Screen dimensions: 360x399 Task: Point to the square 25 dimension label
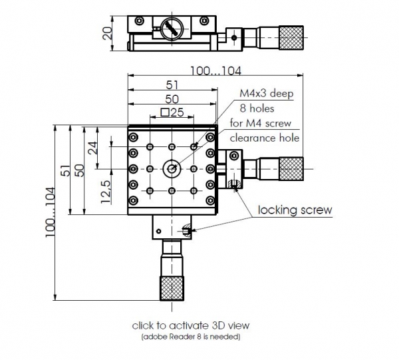(x=172, y=112)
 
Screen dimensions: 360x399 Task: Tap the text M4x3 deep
(x=266, y=94)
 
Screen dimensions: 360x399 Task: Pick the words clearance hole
(x=264, y=138)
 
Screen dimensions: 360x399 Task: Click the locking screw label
(x=295, y=210)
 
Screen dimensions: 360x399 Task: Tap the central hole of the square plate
(x=172, y=168)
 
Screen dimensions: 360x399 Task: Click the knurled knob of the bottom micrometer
(x=172, y=287)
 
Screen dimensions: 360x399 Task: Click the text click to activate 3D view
(x=192, y=325)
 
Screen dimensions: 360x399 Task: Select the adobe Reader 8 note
(x=192, y=337)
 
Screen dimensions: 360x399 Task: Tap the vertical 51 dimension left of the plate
(x=65, y=172)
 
